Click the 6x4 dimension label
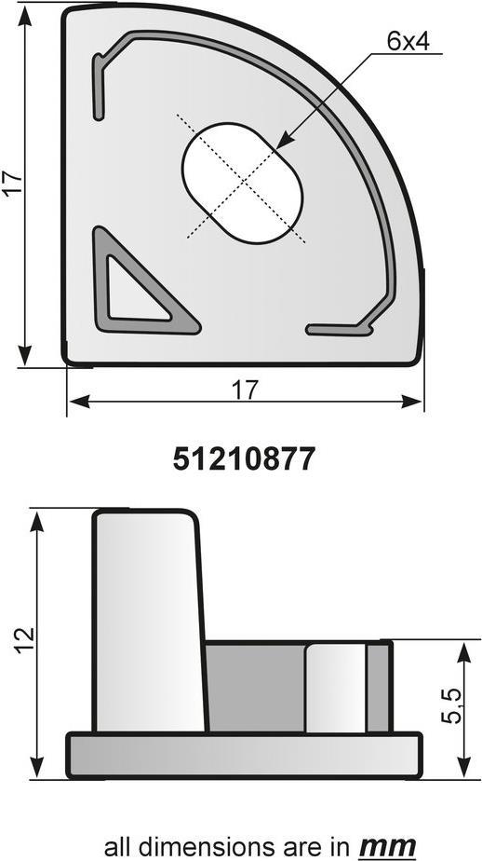click(408, 42)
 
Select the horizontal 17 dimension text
click(244, 390)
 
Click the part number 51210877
click(244, 459)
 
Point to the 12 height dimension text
click(25, 640)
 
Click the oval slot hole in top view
click(242, 183)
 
